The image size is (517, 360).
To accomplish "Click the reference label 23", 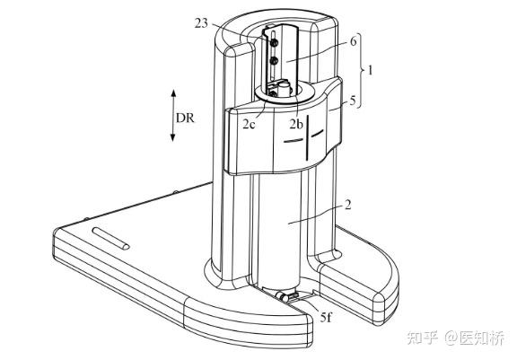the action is coord(201,23).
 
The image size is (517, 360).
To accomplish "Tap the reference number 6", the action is coord(353,41).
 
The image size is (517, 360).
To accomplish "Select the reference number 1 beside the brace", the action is coord(371,70).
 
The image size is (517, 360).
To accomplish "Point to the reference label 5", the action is coord(353,101).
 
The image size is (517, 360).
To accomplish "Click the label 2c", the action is coord(250,124).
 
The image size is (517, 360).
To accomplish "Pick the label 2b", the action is coord(296,124).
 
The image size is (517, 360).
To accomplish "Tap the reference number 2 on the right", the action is coord(347,206).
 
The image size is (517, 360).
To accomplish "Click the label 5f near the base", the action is coord(326,317).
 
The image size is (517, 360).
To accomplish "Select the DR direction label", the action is coord(185,118).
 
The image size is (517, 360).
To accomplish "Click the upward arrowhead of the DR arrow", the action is coord(173,92).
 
